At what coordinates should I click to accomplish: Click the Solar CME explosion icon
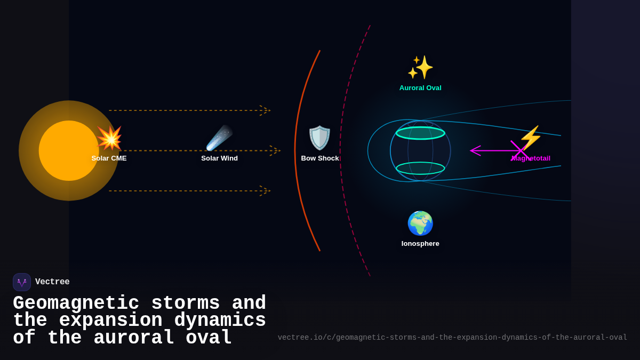coord(109,138)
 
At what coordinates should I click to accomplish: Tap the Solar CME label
coord(109,158)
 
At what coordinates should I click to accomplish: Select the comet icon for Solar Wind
coord(219,138)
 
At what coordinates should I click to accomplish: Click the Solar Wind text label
coord(219,158)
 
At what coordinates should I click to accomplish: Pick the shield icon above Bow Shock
coord(319,138)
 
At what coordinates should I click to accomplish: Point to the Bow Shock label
coord(319,158)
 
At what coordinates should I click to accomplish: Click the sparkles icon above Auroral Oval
coord(420,68)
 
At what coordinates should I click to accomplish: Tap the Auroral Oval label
coord(420,88)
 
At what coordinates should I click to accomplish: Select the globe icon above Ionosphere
coord(420,223)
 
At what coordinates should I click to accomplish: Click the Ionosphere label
coord(420,244)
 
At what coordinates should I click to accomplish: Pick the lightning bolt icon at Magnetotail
coord(530,138)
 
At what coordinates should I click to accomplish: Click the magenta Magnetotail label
coord(531,158)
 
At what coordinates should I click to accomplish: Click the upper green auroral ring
coord(420,133)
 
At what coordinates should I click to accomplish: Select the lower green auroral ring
coord(420,168)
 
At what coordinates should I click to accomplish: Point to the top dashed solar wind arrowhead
coord(266,110)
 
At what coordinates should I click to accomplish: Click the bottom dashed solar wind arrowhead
coord(266,191)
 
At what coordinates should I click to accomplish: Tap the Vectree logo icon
coord(22,282)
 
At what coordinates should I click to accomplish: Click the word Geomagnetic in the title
coord(76,303)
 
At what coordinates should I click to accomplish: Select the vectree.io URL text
coord(452,338)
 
